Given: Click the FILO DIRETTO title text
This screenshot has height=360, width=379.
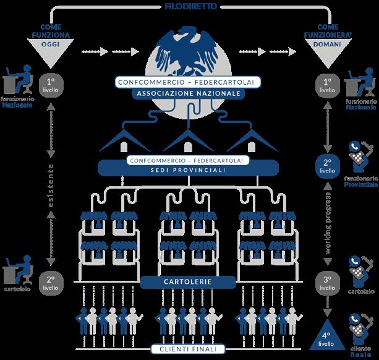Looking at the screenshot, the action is click(x=189, y=7).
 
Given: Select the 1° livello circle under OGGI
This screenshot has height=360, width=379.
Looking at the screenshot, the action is click(x=51, y=85).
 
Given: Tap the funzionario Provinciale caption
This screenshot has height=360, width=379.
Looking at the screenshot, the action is click(x=361, y=181).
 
